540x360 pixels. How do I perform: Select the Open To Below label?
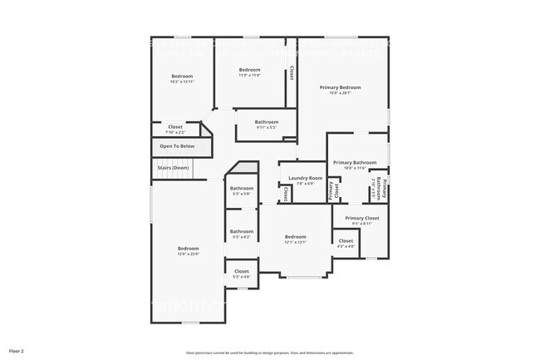point(177,146)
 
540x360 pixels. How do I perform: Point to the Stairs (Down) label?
point(174,168)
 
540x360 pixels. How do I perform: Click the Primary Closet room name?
point(361,219)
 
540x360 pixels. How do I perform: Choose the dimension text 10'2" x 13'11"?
point(182,81)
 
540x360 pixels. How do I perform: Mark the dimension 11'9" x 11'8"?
point(250,75)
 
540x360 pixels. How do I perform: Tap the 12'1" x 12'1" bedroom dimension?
point(296,242)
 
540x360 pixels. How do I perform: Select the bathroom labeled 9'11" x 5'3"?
point(267,127)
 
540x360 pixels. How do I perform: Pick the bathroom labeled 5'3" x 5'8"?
point(242,194)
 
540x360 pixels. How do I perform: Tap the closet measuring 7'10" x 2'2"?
point(175,132)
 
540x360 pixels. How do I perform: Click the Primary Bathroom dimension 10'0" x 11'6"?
point(355,168)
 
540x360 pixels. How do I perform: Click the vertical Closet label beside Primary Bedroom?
point(292,73)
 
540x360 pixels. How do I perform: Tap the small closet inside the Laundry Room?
point(286,194)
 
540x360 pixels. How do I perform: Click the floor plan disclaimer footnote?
point(270,353)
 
